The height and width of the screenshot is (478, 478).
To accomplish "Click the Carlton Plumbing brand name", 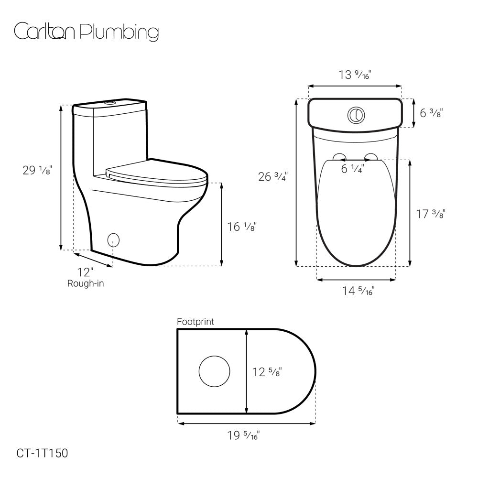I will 86,32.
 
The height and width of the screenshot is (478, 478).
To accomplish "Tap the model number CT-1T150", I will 42,452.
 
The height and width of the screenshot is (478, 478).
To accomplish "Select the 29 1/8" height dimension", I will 37,170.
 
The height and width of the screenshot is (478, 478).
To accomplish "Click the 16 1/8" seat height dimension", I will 242,227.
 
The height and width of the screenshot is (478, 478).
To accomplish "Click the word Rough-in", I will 86,283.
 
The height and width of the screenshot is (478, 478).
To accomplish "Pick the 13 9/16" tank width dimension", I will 355,75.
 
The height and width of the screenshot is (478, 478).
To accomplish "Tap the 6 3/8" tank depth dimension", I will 431,113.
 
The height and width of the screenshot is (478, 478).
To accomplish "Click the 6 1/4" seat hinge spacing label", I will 352,169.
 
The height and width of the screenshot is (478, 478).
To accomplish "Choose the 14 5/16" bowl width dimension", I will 357,291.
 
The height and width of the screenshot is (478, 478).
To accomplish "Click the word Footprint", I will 196,322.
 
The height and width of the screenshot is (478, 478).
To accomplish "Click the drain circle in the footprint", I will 214,371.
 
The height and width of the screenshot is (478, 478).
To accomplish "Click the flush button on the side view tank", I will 110,102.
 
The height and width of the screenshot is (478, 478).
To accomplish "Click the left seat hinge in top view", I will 339,157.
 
